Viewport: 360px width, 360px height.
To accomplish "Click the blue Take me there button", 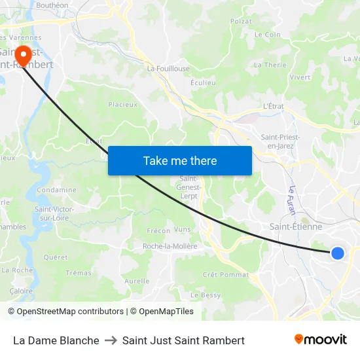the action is click(180, 160).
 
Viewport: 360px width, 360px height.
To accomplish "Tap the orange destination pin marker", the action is click(24, 54).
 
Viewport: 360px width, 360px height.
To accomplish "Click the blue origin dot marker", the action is click(337, 253).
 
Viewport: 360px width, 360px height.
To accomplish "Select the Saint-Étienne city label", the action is click(296, 226).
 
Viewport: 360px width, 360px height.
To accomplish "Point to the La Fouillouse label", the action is click(168, 68).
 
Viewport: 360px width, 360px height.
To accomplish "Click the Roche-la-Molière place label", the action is click(170, 246).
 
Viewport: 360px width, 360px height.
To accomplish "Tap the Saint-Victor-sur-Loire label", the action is click(54, 213).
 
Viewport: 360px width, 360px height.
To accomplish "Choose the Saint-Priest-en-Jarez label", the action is click(281, 141).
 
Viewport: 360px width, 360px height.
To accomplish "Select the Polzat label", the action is click(241, 22).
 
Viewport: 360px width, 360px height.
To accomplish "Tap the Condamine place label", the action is click(57, 190).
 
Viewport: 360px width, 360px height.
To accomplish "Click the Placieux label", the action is click(123, 104).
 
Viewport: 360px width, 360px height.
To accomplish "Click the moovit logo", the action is click(321, 340).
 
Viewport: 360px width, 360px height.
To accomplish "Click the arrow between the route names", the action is click(111, 340).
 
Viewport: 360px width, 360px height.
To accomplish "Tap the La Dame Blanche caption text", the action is click(56, 340).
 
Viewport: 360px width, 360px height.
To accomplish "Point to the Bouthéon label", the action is click(53, 5).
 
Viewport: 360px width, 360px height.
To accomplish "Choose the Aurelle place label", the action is click(137, 281).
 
